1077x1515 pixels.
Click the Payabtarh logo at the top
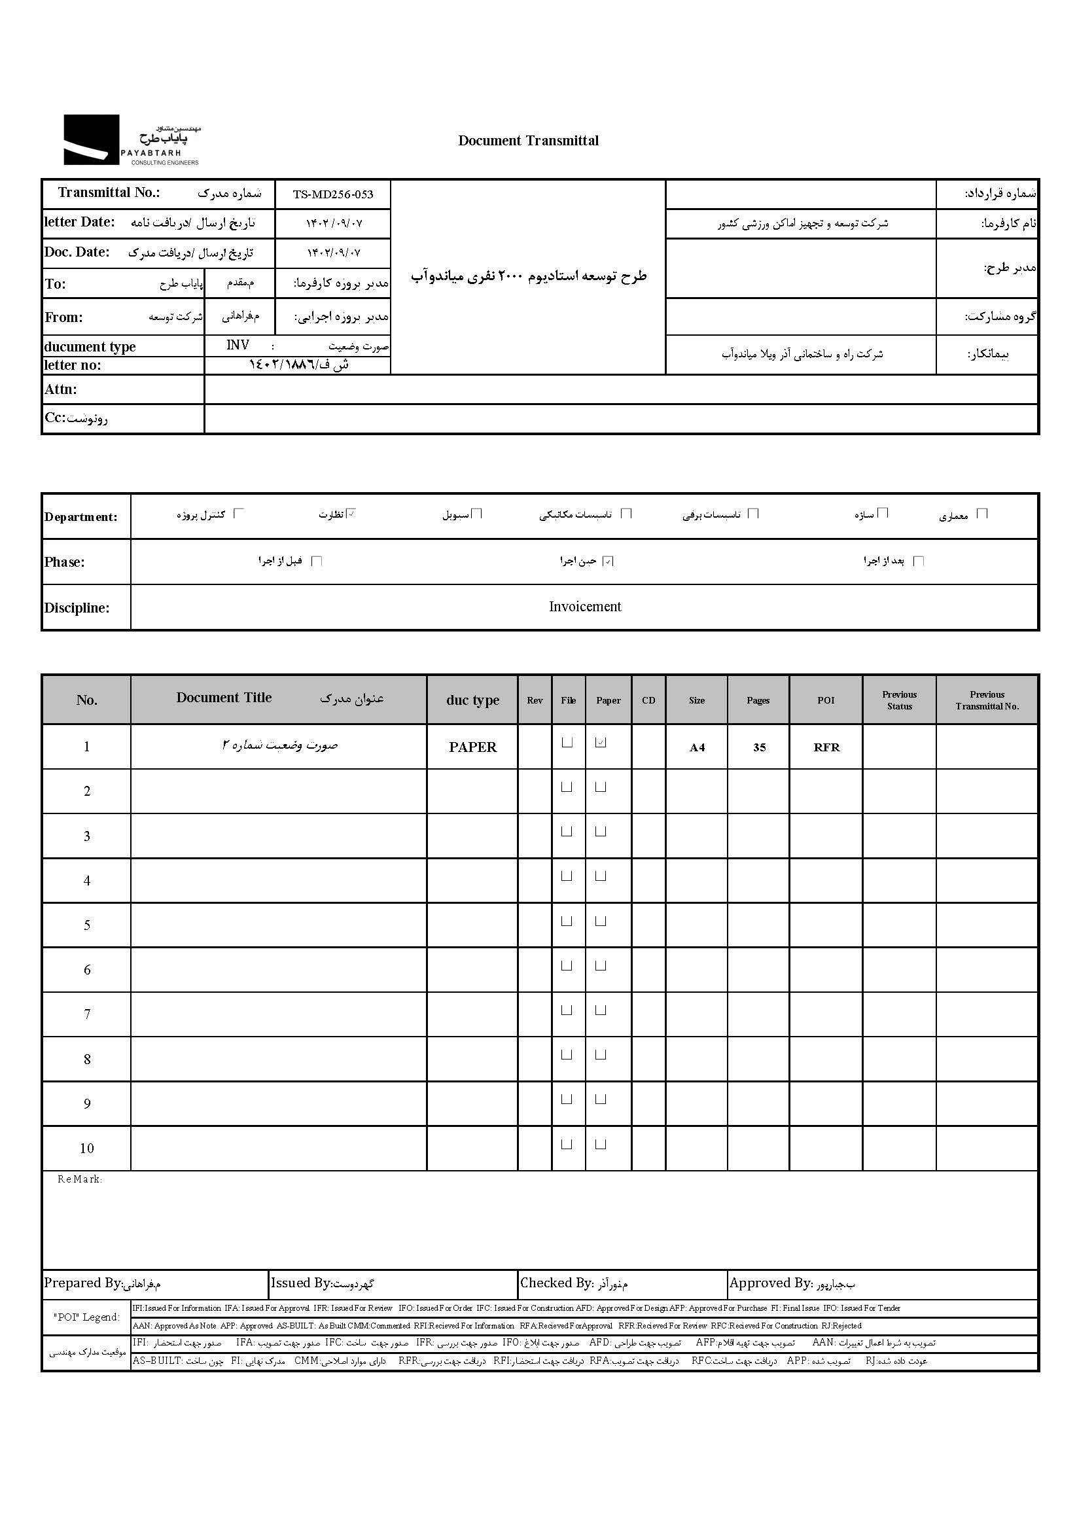[131, 140]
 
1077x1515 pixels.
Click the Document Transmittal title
[528, 141]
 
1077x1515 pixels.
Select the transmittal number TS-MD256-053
[333, 194]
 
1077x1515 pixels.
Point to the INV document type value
[238, 345]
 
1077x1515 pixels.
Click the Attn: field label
[61, 389]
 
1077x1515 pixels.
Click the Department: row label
[81, 517]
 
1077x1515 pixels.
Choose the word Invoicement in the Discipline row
[585, 606]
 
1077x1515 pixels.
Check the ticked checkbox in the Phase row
[608, 561]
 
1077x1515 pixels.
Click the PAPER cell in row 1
[472, 747]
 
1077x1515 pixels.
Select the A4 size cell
[696, 747]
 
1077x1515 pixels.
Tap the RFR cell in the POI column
[826, 747]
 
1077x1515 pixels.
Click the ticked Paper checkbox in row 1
[601, 743]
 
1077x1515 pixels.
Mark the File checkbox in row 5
[567, 921]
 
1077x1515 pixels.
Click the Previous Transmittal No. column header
[986, 700]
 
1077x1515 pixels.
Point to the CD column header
[648, 700]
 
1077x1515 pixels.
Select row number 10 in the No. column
[87, 1148]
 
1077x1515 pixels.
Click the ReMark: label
[80, 1179]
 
